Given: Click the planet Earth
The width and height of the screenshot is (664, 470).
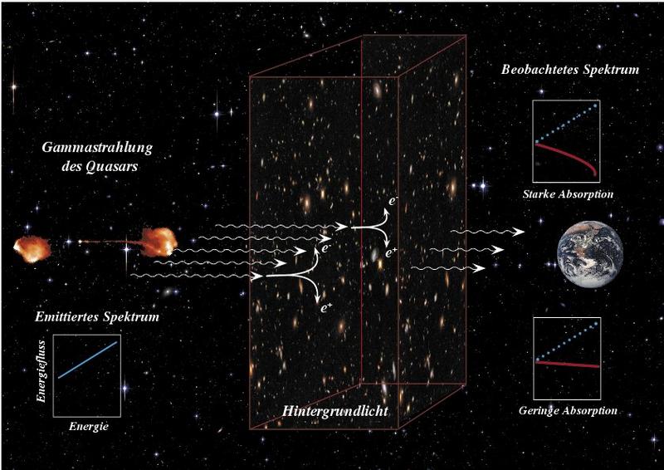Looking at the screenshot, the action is click(590, 254).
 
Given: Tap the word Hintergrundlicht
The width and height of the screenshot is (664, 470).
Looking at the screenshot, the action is click(335, 411).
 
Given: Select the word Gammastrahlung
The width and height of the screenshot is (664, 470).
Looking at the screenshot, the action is click(97, 148).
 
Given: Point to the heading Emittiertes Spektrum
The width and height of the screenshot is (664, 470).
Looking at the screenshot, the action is click(97, 316).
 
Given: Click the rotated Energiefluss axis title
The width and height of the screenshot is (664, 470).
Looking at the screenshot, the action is click(41, 371).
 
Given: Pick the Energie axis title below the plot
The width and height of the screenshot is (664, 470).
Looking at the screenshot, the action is click(89, 426).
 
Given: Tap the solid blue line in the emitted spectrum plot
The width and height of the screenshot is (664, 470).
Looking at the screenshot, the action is click(87, 360).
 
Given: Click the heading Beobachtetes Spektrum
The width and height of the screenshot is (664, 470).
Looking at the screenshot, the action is click(570, 70).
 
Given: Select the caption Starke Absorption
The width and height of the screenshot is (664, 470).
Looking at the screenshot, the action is click(568, 194).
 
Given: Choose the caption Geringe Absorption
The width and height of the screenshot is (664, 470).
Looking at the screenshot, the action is click(568, 410).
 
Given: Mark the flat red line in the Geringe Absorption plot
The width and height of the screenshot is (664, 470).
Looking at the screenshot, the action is click(568, 365).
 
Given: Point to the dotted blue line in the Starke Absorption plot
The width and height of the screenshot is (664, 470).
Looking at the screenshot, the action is click(567, 123).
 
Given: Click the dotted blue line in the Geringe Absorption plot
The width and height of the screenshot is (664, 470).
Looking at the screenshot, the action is click(568, 342).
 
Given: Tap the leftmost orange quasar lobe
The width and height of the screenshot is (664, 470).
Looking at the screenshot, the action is click(32, 249).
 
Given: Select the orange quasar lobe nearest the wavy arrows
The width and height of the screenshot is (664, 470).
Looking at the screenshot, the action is click(159, 242).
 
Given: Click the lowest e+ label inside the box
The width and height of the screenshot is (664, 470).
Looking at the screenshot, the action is click(326, 308).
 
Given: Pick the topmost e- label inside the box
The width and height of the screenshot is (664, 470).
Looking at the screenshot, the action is click(393, 200).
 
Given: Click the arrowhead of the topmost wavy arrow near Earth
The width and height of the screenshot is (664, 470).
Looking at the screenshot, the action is click(520, 232).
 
